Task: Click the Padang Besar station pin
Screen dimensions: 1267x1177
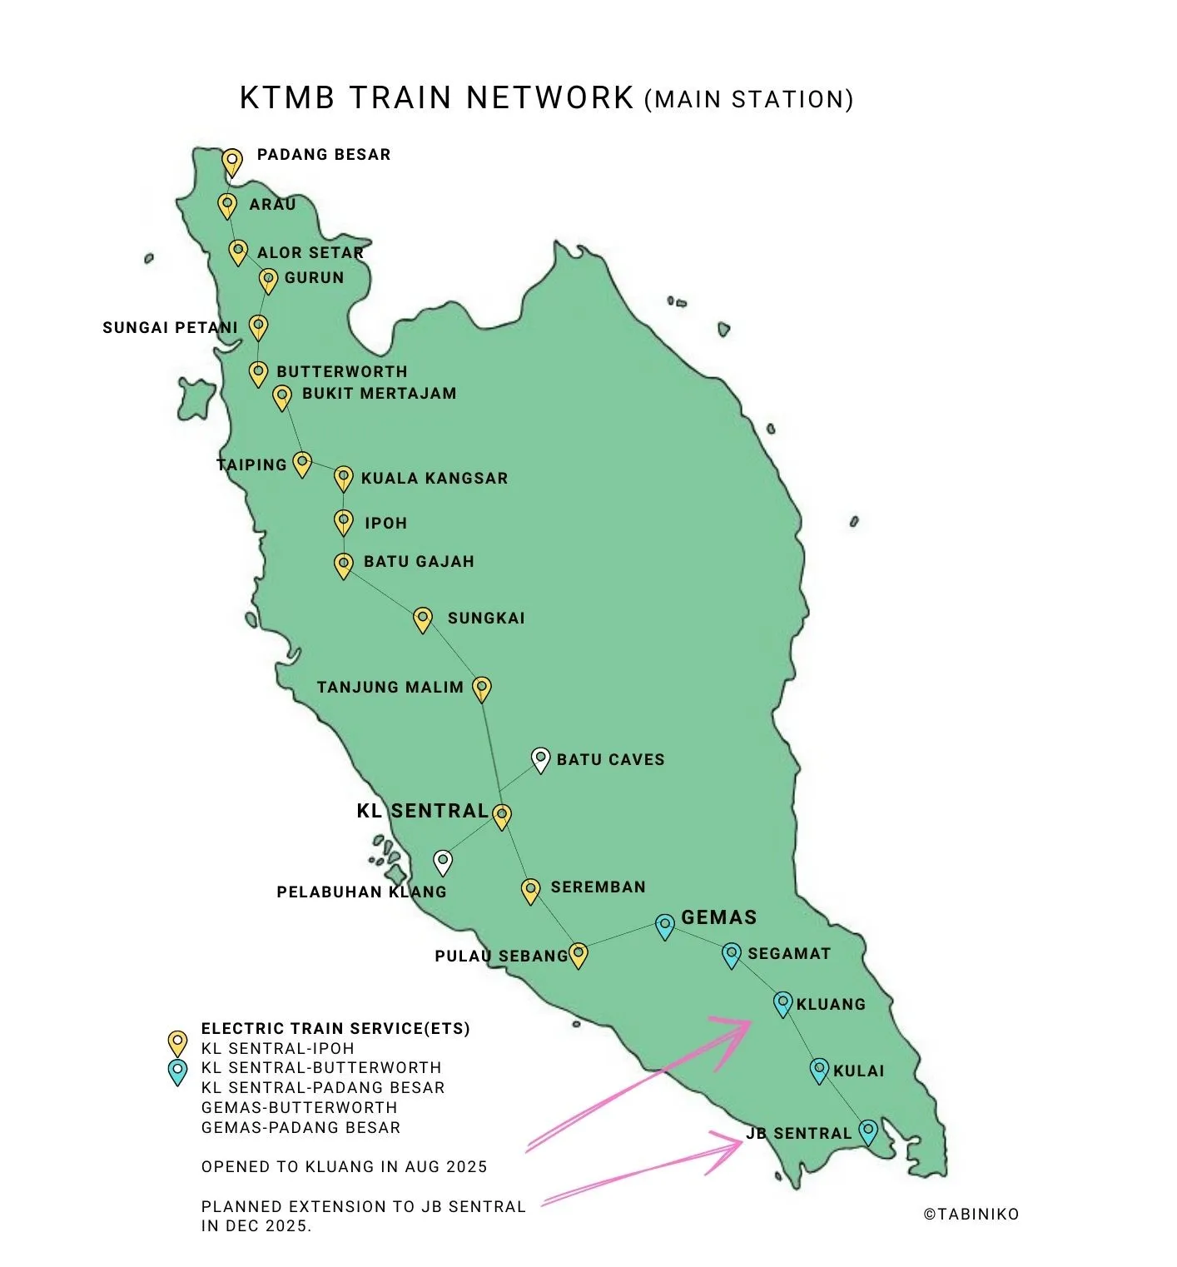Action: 232,161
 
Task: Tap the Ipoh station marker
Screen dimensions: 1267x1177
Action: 343,521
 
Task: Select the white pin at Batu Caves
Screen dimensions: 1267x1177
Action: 541,759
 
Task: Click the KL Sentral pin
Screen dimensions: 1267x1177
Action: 501,815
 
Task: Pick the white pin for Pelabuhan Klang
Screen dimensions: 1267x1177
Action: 444,861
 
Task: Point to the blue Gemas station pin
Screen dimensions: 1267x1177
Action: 664,926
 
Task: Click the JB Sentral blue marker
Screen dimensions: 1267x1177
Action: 868,1130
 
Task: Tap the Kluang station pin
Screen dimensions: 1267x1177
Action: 782,1003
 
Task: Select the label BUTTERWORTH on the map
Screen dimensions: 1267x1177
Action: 341,371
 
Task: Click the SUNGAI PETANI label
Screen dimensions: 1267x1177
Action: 170,327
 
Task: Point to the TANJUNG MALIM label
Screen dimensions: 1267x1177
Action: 390,687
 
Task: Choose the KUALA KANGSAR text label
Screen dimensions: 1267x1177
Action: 434,478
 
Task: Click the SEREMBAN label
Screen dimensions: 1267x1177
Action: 598,887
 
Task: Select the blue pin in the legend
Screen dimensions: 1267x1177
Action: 177,1071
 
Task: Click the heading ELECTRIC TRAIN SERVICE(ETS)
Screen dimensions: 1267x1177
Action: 335,1028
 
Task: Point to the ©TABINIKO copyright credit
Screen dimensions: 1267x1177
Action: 971,1214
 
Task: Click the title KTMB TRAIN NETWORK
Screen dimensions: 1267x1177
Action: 436,97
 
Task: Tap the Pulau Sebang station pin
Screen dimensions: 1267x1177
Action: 578,955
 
